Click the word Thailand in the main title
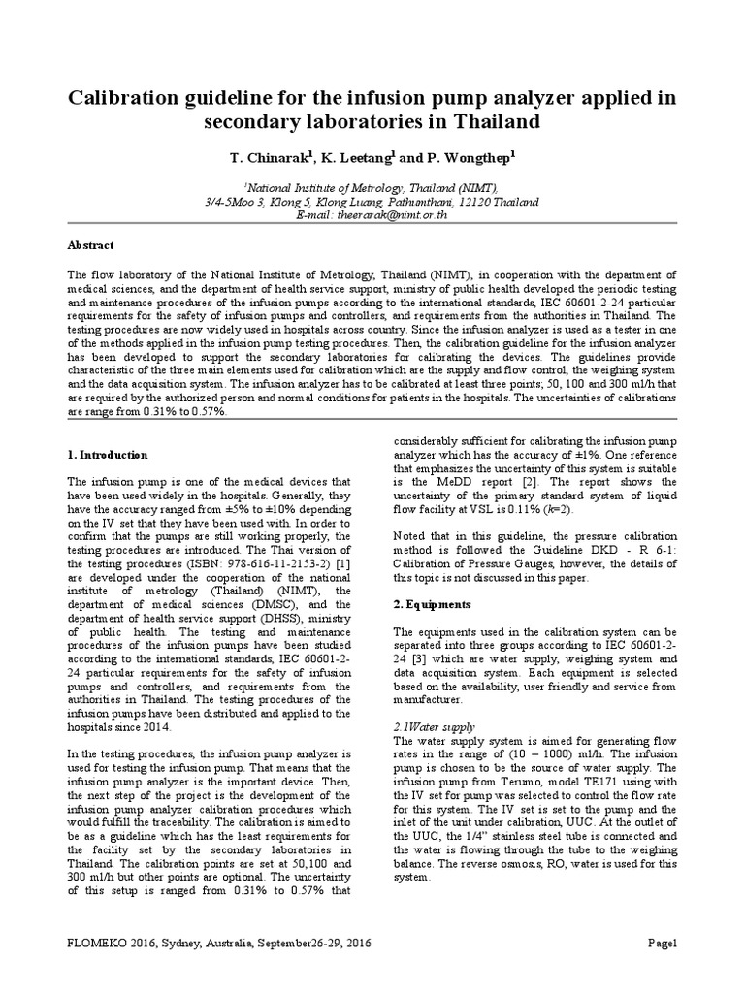483,123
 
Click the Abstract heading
90,246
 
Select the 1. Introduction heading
107,454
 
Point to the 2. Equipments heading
432,604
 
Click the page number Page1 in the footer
662,944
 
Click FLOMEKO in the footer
102,944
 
